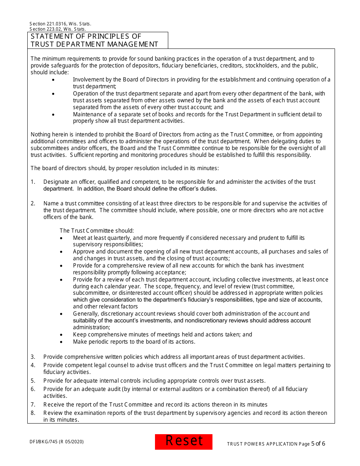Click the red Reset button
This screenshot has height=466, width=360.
pyautogui.click(x=184, y=441)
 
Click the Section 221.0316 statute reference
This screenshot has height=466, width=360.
pyautogui.click(x=60, y=24)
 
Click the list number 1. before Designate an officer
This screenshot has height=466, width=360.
pyautogui.click(x=33, y=182)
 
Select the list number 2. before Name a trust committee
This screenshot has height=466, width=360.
pyautogui.click(x=33, y=203)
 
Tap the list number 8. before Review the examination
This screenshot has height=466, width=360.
pyautogui.click(x=33, y=413)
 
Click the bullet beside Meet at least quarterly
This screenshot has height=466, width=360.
pyautogui.click(x=61, y=238)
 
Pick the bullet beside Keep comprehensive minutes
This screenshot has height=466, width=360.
pyautogui.click(x=61, y=335)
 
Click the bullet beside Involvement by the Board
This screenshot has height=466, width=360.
pyautogui.click(x=53, y=80)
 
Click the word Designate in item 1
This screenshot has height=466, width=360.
pyautogui.click(x=56, y=182)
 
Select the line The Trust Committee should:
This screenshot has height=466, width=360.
pyautogui.click(x=97, y=231)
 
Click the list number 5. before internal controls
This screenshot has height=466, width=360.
pyautogui.click(x=33, y=381)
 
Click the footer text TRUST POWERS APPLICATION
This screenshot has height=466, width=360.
pyautogui.click(x=262, y=444)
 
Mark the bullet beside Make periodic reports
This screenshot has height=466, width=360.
pyautogui.click(x=61, y=342)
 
